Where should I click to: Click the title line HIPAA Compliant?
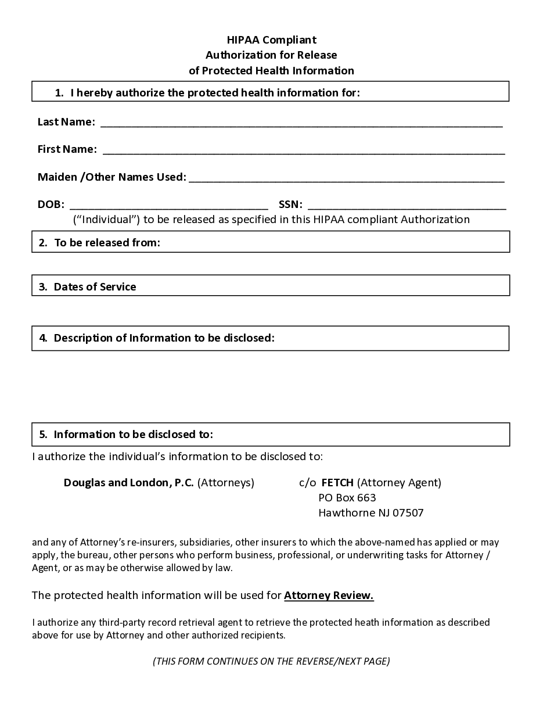(x=271, y=40)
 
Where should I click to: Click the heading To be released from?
(x=107, y=243)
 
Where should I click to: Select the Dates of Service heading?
(x=95, y=287)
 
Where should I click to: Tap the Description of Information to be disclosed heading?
(x=164, y=338)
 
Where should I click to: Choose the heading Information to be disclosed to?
(x=133, y=435)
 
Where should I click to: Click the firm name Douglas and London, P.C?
(x=128, y=483)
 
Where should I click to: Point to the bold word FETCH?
(x=337, y=483)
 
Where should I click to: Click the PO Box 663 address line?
(x=347, y=498)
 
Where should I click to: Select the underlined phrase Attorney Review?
(x=329, y=596)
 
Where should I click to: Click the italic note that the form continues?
(x=271, y=661)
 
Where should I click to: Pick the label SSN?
(x=290, y=205)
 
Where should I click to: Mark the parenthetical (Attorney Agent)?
(x=399, y=483)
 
